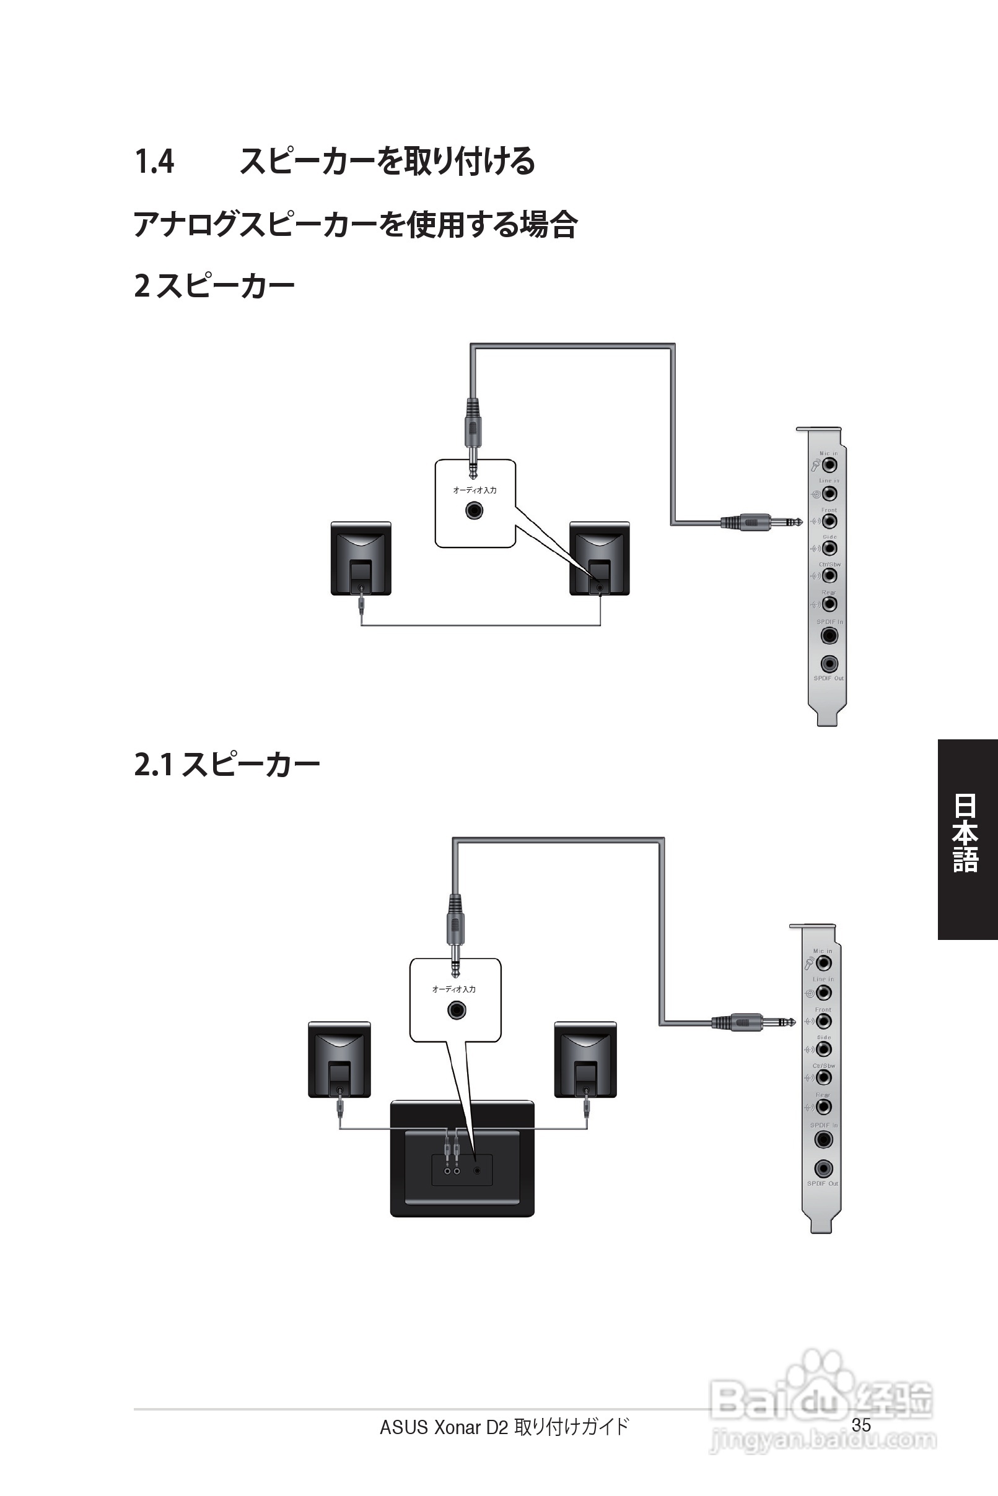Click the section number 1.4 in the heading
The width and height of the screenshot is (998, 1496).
[x=154, y=162]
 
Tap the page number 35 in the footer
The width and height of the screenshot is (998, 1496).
[x=860, y=1425]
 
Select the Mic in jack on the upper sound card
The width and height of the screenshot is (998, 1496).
[x=829, y=465]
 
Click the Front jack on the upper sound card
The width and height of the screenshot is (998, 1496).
[x=829, y=521]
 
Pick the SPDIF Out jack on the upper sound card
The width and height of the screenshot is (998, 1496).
[x=829, y=664]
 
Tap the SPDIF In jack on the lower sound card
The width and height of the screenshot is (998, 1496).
[x=823, y=1140]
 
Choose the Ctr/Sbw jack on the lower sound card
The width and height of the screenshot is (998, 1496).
[x=823, y=1077]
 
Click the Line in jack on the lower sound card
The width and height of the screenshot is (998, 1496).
[x=823, y=992]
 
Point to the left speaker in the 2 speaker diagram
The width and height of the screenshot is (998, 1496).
[x=361, y=559]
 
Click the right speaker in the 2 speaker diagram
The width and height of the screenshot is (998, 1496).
[x=599, y=559]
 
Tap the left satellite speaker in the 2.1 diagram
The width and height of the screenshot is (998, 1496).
[x=339, y=1059]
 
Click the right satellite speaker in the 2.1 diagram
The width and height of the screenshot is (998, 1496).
[x=585, y=1059]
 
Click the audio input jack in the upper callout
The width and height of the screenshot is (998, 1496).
[x=474, y=510]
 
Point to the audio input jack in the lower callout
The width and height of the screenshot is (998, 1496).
[x=457, y=1010]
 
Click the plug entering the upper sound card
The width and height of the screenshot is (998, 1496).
[x=761, y=523]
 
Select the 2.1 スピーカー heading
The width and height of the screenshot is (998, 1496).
[x=227, y=765]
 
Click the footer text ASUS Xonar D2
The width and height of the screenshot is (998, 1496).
[x=444, y=1427]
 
